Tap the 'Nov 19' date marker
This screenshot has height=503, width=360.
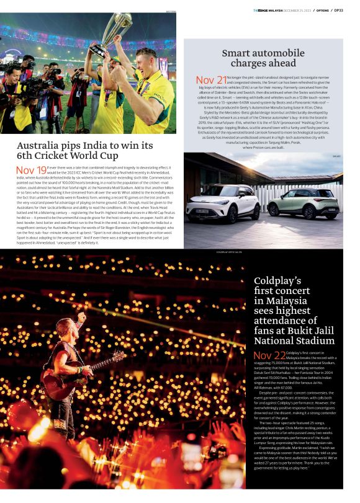coord(31,170)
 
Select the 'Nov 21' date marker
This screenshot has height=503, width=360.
coord(211,80)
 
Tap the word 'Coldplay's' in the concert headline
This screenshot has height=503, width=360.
coord(277,280)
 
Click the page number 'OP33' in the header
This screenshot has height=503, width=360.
coord(338,10)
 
